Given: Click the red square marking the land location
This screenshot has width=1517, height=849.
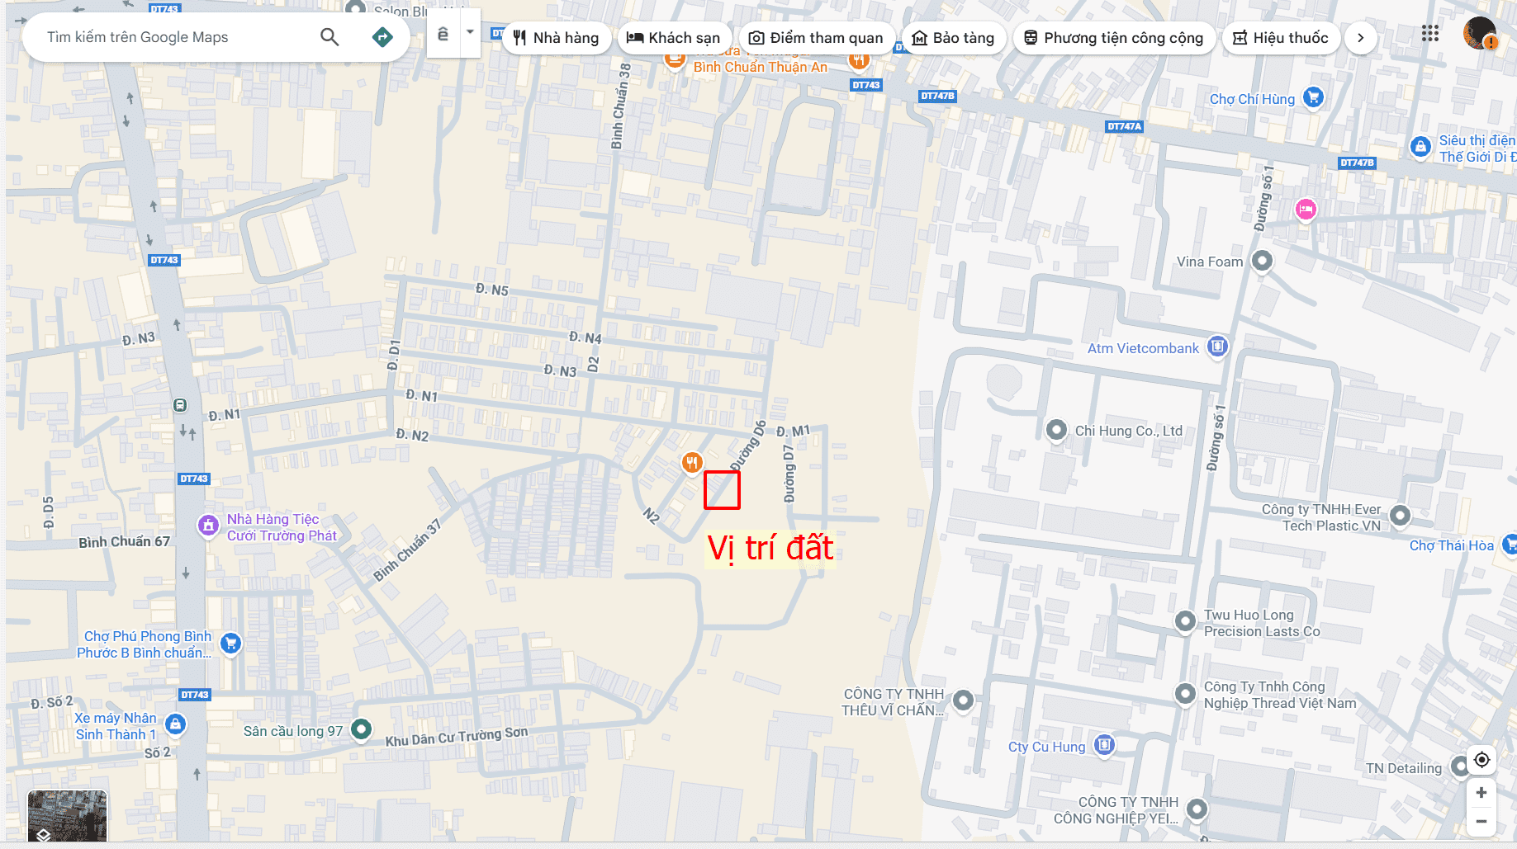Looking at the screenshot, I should pos(722,490).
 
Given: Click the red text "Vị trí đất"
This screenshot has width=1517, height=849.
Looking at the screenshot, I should pos(770,549).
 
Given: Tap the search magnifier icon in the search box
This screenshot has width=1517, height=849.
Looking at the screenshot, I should pos(329,37).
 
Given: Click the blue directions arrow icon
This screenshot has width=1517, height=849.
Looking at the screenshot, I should pos(382,37).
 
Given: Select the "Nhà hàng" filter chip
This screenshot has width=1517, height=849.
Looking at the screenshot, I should pos(556,38).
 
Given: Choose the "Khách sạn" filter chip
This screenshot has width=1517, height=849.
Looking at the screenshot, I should pos(673,38).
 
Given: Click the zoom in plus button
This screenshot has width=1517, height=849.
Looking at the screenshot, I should pos(1481,792).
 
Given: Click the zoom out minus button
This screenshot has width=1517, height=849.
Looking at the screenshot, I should pos(1481,821).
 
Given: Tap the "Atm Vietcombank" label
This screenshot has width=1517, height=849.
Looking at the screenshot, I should pos(1143,348).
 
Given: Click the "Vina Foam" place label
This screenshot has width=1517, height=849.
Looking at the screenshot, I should pos(1209,262).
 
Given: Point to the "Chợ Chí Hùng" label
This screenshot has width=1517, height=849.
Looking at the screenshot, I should pos(1252,99).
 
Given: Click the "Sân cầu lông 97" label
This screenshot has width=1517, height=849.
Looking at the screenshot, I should pos(293,731).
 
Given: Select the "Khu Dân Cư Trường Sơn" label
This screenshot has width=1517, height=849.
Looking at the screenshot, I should pos(457,736).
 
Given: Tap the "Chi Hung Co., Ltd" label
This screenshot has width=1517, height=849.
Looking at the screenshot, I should pos(1128,431).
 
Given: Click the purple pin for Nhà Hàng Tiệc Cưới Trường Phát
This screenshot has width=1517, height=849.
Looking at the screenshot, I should pos(208,525).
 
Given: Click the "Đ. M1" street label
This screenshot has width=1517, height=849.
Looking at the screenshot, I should pos(794,431).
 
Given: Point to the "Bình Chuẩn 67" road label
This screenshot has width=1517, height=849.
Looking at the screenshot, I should pos(124,542).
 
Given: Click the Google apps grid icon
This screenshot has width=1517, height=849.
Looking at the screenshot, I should pos(1430,34).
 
